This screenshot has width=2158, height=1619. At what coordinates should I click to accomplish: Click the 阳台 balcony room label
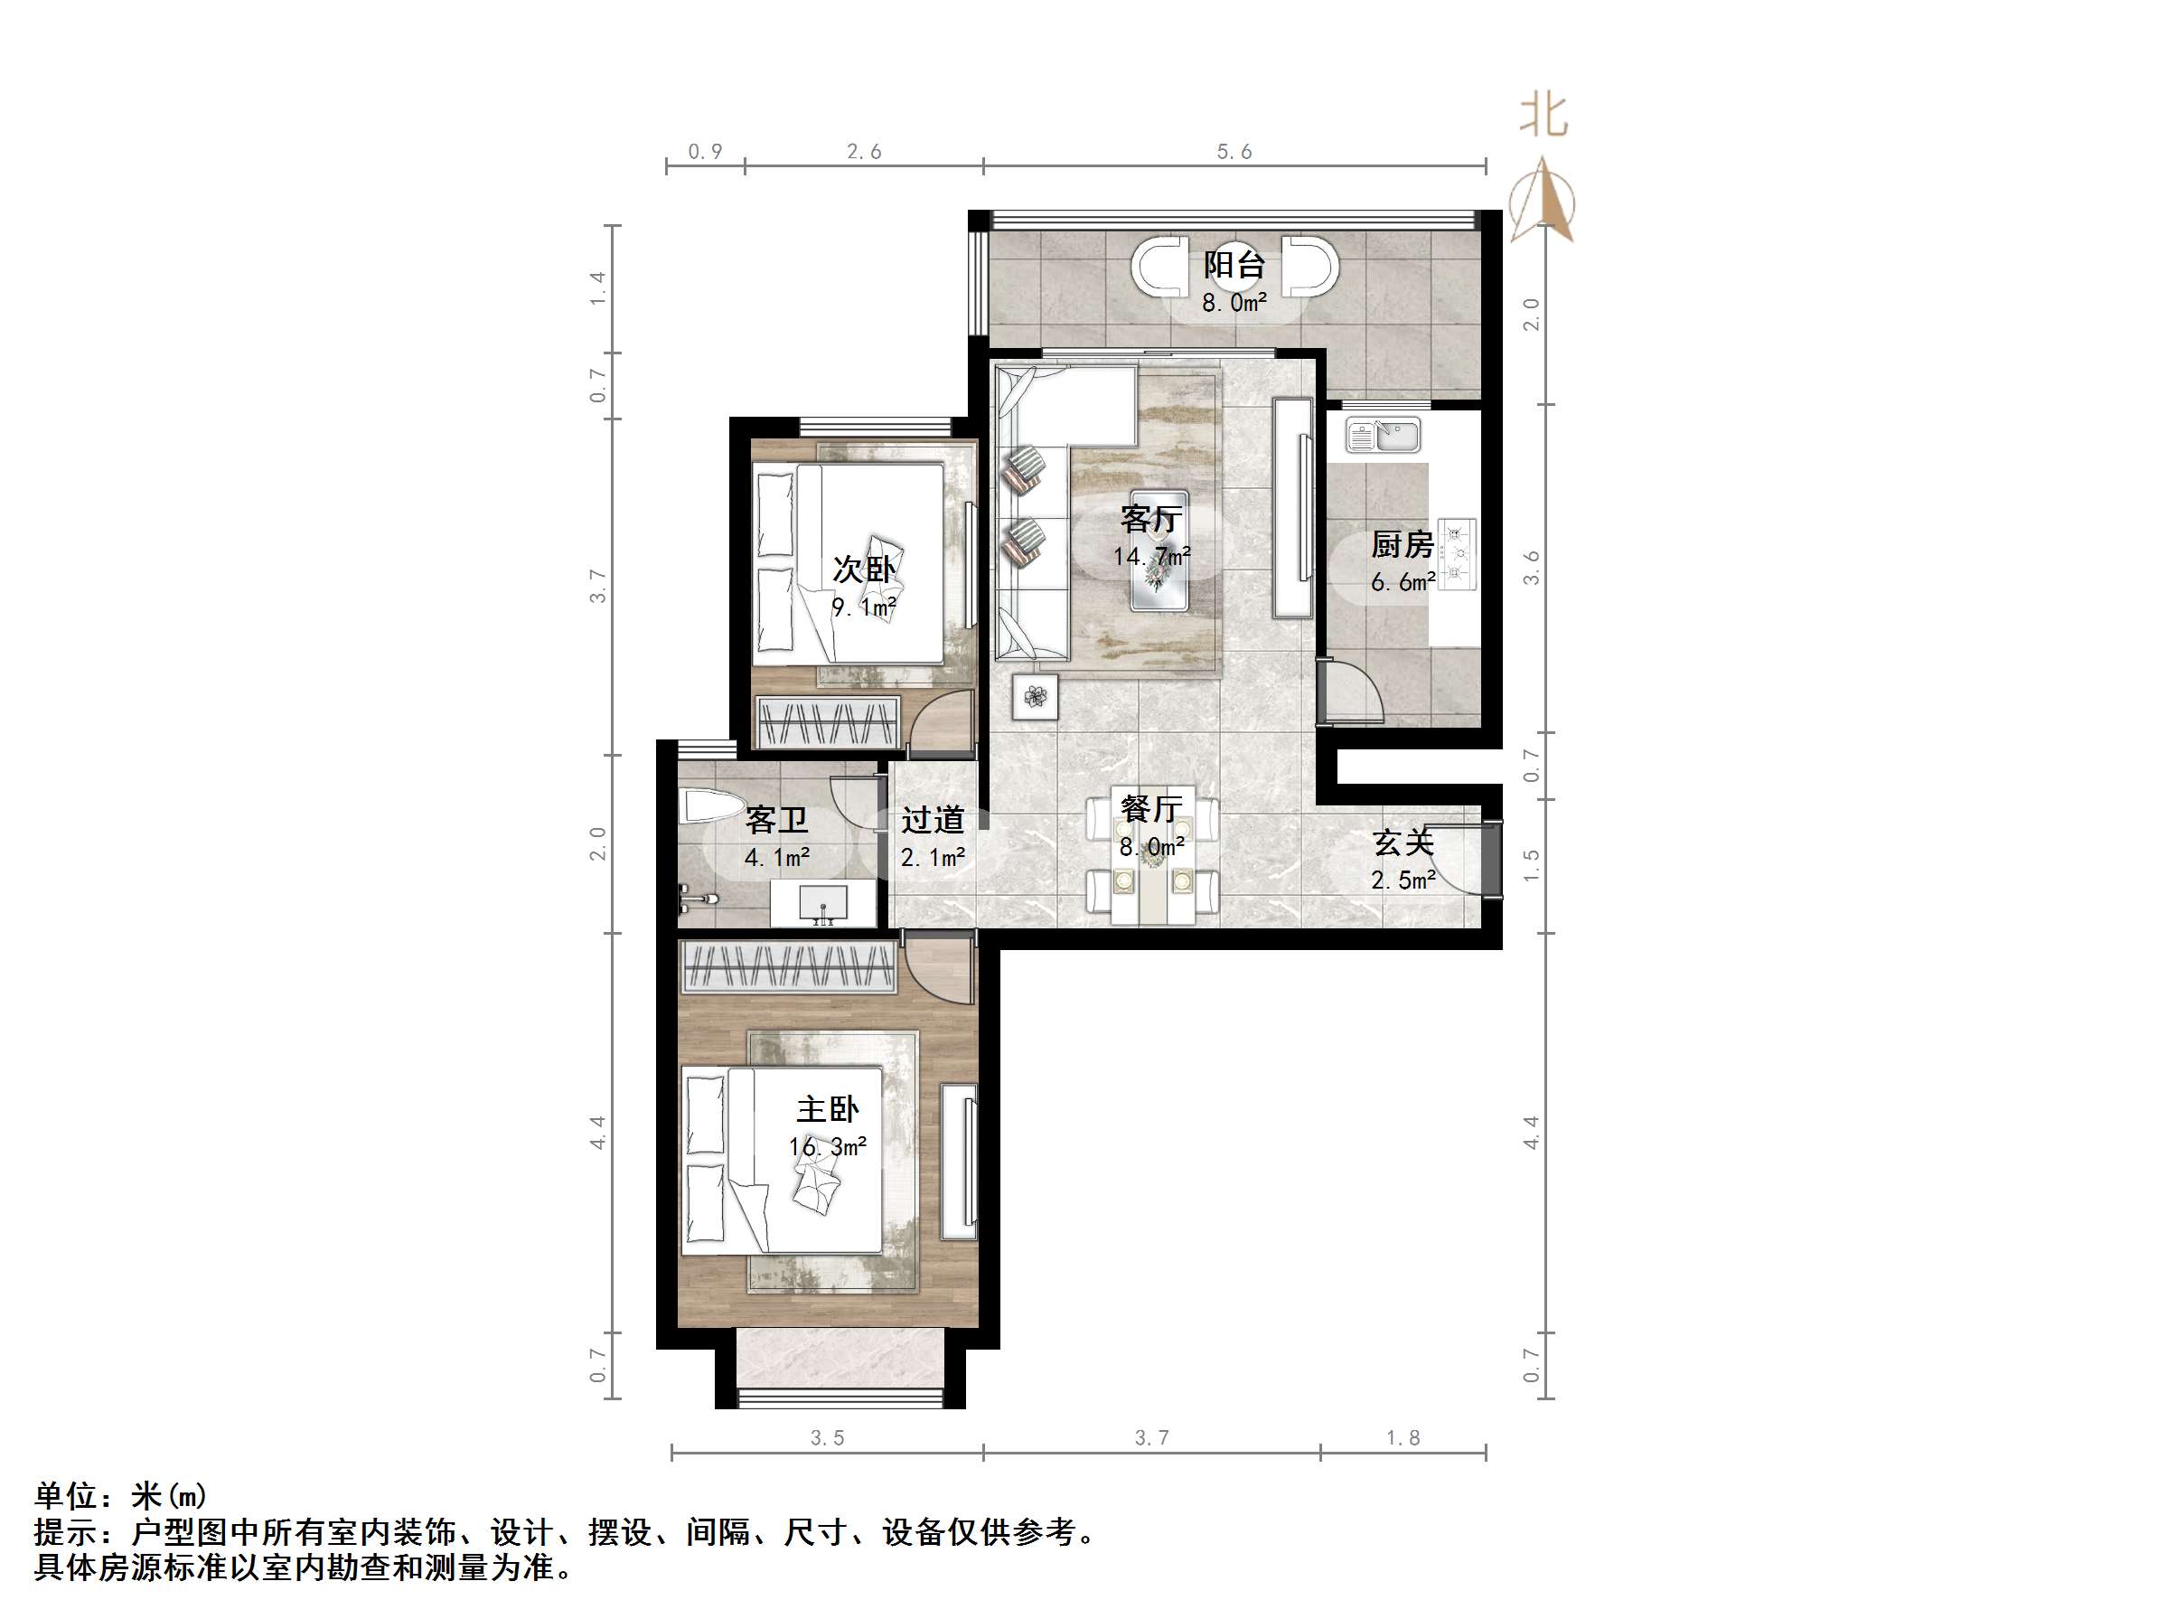click(x=1234, y=265)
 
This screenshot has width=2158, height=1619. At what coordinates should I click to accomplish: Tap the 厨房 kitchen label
click(x=1402, y=543)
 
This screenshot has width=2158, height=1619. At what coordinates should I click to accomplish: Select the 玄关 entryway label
click(x=1403, y=842)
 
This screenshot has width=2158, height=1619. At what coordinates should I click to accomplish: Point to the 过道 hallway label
click(x=933, y=820)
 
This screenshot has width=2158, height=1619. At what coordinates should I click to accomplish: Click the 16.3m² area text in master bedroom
click(x=827, y=1146)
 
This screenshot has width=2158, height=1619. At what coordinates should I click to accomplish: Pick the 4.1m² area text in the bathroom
click(x=777, y=858)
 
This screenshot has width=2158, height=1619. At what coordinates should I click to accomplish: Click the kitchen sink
click(x=1384, y=434)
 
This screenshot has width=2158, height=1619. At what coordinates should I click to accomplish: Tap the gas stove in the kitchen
click(x=1456, y=554)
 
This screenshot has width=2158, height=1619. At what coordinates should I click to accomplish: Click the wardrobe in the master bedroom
click(x=788, y=967)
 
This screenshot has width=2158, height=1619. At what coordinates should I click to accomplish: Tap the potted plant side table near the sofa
click(x=1035, y=697)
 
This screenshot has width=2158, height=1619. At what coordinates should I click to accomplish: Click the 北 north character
click(x=1543, y=116)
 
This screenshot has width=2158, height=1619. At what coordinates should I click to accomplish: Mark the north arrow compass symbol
click(x=1543, y=201)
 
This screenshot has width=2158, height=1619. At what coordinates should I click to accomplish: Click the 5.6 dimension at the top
click(x=1234, y=151)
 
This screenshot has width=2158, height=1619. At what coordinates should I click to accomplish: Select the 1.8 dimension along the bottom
click(x=1403, y=1437)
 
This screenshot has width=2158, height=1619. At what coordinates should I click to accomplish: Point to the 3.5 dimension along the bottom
click(x=827, y=1437)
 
